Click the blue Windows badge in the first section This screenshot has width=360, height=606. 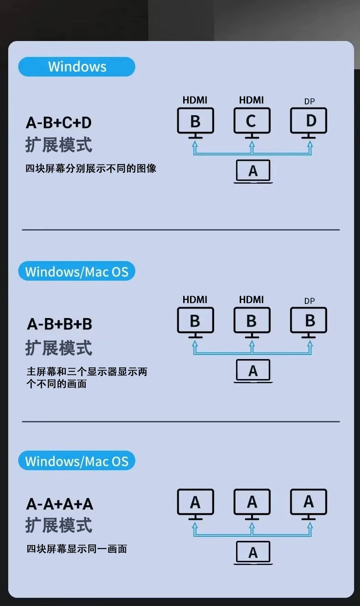point(77,67)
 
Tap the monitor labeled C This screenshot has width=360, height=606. point(252,121)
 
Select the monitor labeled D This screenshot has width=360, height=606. point(309,121)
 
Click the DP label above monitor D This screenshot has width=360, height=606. point(309,101)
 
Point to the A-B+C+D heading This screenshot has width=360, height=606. point(59,123)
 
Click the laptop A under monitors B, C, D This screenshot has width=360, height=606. point(253,171)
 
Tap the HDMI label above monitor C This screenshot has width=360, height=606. point(252,100)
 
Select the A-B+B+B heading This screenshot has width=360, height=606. point(59,324)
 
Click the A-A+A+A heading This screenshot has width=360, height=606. point(60,504)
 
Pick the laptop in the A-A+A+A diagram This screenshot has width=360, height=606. point(253,552)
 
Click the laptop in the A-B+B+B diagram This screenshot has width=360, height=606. point(253,371)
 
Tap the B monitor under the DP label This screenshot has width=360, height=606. point(309,321)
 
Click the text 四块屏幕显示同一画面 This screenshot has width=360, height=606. point(77,549)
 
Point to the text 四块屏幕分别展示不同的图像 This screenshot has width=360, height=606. point(91,168)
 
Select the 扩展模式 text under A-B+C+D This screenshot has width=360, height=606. point(59,145)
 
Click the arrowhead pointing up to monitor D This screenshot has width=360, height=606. point(310,144)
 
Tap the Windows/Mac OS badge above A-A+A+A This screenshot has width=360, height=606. point(77,461)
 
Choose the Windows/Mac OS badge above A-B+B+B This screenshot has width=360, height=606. point(77,272)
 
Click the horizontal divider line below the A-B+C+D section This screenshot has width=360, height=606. point(181,230)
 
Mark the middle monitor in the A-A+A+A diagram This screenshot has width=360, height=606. point(252,502)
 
